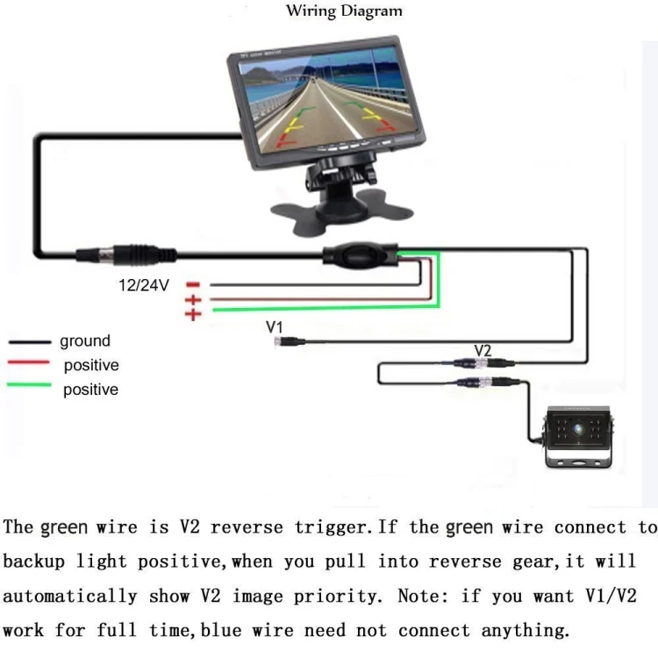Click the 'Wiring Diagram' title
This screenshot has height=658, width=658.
click(344, 11)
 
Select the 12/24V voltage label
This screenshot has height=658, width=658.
click(144, 285)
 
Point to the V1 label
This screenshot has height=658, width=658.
click(275, 327)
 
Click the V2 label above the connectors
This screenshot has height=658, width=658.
click(483, 350)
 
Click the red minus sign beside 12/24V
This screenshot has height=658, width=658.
click(194, 284)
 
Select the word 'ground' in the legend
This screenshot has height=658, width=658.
click(85, 341)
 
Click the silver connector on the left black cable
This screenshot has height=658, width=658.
click(97, 254)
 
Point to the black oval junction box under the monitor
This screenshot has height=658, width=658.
click(360, 256)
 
